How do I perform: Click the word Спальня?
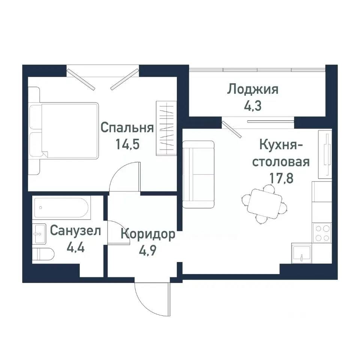(127, 128)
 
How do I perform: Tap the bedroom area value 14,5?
(127, 145)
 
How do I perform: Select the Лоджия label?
(253, 90)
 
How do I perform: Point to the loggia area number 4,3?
(253, 105)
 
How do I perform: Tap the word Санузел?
(75, 231)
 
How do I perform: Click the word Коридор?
(148, 234)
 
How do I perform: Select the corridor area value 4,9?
(148, 250)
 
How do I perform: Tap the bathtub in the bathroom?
(61, 207)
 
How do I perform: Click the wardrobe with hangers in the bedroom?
(165, 128)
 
